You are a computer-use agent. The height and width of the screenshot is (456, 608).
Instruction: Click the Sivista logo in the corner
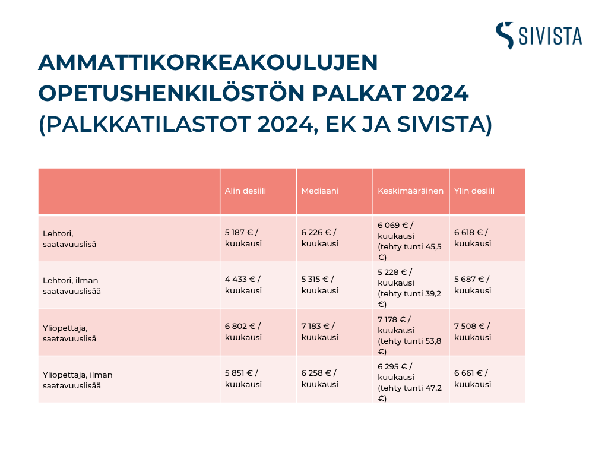pos(539,35)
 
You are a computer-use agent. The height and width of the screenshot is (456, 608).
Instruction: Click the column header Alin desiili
pos(245,191)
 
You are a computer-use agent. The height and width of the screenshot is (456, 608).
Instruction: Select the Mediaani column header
pos(320,191)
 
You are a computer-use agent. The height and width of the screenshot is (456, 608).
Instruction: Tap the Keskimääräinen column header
pos(411,191)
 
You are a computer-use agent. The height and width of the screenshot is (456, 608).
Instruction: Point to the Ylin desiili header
pos(474,191)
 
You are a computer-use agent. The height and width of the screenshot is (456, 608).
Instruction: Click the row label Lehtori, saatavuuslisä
pos(69,239)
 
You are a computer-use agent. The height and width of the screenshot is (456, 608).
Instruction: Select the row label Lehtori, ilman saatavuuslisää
pos(72,286)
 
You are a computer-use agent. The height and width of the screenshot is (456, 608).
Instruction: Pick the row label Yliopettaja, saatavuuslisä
pos(69,333)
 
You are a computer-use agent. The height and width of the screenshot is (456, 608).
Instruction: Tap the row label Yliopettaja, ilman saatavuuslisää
pos(78,380)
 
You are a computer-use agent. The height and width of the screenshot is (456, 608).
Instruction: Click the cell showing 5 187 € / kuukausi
pos(243,238)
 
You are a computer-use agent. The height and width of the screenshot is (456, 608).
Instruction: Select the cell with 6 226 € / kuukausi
pos(319,238)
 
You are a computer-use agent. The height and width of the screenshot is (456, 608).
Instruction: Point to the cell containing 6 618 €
pos(473,238)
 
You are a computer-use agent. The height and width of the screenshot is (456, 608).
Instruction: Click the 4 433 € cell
pos(243,285)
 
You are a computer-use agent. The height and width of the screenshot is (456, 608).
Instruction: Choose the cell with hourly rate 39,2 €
pos(410,288)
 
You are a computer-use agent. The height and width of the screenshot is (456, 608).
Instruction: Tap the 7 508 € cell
pos(473,332)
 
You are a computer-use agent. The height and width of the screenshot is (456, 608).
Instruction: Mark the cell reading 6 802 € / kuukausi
pos(243,332)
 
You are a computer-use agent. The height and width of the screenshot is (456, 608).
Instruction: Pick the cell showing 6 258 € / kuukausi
pos(319,379)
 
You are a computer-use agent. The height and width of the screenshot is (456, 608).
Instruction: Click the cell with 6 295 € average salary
pos(410,382)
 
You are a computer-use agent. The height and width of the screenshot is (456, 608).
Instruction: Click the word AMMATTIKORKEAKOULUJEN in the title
pos(208,62)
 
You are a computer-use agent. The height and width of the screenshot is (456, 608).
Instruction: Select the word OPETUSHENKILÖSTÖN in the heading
pos(172,93)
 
